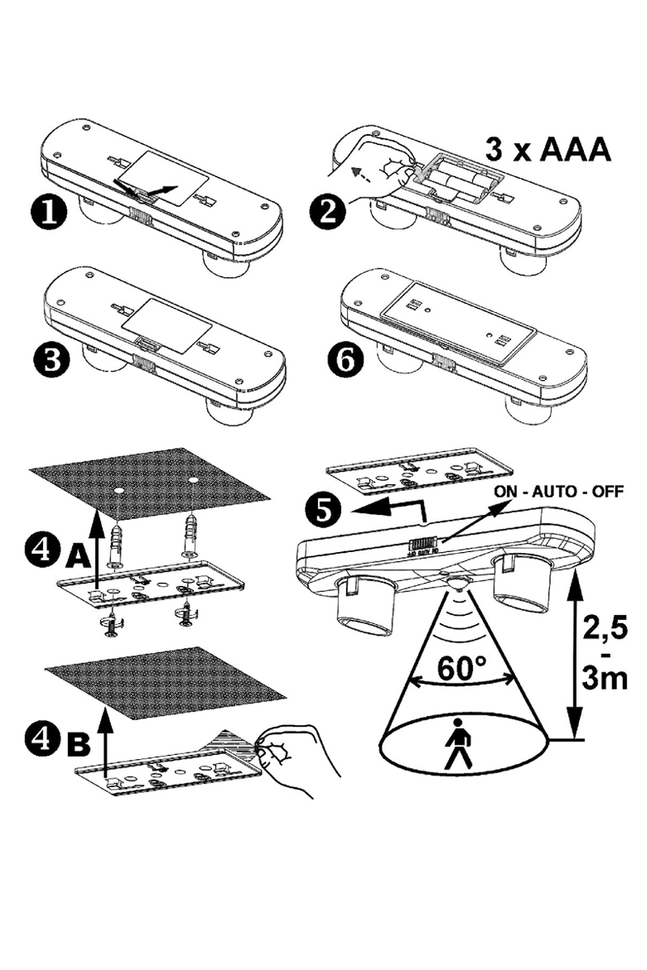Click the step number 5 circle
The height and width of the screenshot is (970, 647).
pos(323,510)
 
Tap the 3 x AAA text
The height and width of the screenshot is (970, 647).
pos(548,150)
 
